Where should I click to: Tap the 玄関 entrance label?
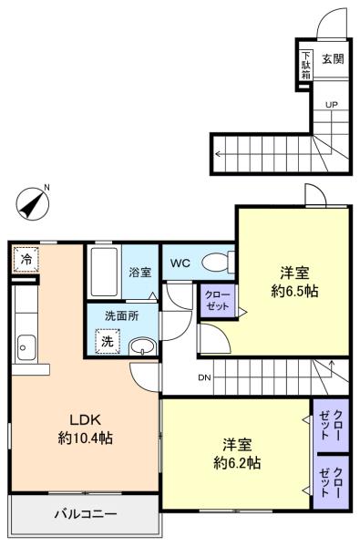333,59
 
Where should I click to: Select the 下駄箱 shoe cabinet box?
306,65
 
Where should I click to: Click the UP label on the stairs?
332,104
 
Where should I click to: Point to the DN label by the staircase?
205,377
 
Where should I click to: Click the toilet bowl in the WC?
218,264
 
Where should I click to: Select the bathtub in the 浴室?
103,271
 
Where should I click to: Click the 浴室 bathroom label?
139,272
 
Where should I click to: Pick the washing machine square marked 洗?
108,342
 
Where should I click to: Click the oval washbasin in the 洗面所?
141,346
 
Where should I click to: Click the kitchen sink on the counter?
25,347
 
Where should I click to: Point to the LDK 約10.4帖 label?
87,428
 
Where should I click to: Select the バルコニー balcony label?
84,514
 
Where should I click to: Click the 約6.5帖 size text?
293,292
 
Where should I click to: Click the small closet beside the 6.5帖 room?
218,300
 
